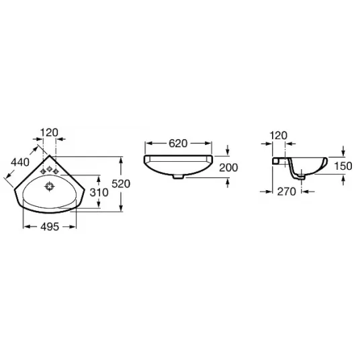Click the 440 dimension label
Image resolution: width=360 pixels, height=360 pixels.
20,163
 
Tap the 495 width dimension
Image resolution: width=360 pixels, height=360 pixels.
50,227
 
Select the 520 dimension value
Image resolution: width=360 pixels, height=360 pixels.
121,183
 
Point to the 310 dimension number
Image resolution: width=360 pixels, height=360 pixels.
99,192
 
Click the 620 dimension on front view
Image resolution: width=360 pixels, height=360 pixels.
178,144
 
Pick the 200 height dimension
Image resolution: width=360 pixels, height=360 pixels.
228,168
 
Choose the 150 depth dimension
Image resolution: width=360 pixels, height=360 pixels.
343,166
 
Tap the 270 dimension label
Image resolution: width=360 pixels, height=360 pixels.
287,191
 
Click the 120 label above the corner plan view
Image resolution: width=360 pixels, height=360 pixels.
49,133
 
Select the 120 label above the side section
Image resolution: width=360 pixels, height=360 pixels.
278,136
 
